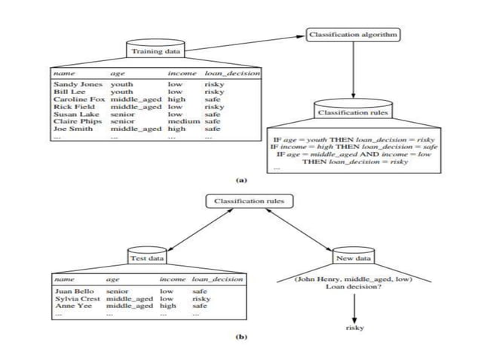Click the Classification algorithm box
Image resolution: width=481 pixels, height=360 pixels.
pos(352,35)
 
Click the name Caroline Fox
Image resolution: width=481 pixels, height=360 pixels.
pos(78,99)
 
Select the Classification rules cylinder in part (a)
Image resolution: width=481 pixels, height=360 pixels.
pos(353,112)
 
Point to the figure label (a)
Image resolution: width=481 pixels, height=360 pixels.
pos(241,181)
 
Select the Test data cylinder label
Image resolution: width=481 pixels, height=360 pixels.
pos(147,258)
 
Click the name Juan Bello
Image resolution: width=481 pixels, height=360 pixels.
pos(72,291)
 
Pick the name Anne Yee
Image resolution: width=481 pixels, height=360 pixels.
pos(70,306)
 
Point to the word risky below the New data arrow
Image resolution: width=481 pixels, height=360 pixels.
pos(354,328)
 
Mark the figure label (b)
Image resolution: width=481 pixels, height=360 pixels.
pos(241,338)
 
